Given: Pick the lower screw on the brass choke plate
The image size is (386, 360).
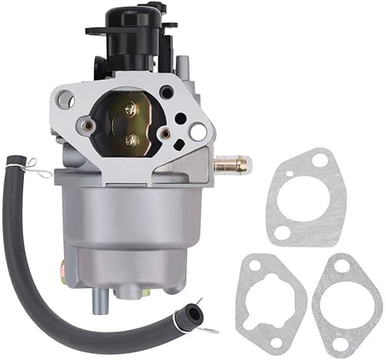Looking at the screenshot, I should (x=131, y=139).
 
